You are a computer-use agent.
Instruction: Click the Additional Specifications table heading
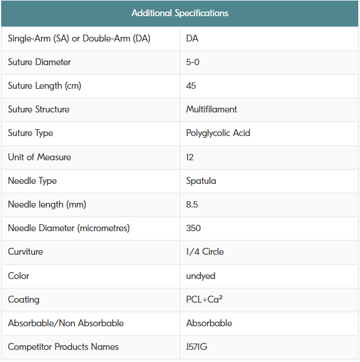(179, 13)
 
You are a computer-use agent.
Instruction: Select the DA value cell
(193, 39)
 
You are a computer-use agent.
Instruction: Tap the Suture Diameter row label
(39, 62)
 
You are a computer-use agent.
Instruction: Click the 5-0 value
(193, 62)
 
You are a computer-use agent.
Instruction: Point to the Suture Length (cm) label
(44, 86)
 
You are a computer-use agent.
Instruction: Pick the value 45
(191, 86)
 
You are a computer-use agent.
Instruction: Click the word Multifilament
(211, 110)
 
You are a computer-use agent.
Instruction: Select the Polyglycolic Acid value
(218, 133)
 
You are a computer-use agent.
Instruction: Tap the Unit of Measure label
(39, 157)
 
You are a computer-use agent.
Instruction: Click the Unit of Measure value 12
(190, 157)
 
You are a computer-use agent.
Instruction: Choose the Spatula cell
(201, 181)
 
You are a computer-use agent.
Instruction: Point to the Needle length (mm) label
(47, 205)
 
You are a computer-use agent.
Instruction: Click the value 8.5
(193, 205)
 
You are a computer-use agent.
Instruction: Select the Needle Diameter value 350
(193, 228)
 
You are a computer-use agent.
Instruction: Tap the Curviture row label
(25, 252)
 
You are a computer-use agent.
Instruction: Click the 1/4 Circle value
(205, 252)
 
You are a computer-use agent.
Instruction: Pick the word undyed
(201, 276)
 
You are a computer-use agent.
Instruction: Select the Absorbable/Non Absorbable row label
(66, 323)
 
